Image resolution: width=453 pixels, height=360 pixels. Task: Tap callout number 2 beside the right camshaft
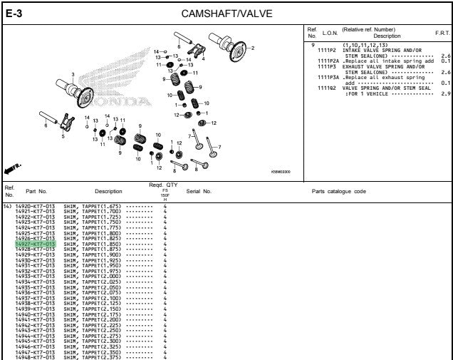(x=251, y=48)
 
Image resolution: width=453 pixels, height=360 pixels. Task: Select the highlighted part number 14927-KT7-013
(x=35, y=244)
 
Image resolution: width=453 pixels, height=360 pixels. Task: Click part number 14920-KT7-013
(x=35, y=206)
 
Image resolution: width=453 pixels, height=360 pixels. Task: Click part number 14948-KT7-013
(x=35, y=356)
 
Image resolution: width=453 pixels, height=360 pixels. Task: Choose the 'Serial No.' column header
(x=199, y=191)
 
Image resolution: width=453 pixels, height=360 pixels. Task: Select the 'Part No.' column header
(x=36, y=191)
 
